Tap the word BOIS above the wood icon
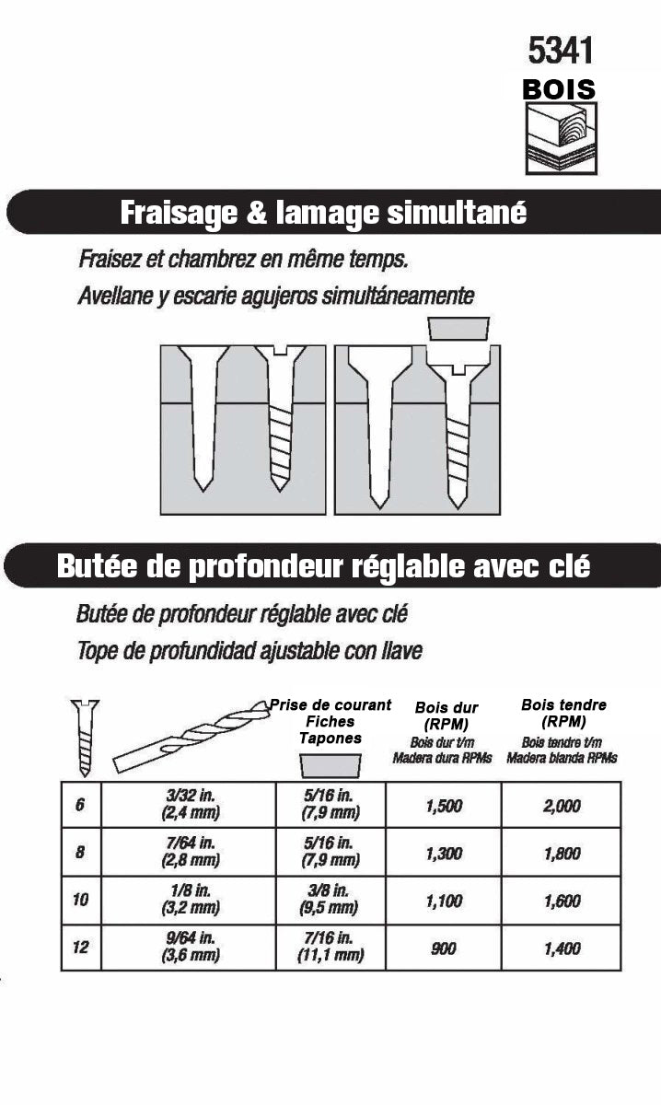point(559,89)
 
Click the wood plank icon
point(560,138)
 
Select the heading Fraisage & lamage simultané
point(323,213)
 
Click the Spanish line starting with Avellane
point(276,297)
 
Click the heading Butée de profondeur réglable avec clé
point(323,565)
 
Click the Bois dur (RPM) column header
point(446,715)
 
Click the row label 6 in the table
point(80,804)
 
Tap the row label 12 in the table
point(80,947)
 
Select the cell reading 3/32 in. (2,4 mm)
point(188,804)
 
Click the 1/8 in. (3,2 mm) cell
point(188,900)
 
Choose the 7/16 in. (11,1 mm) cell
point(329,947)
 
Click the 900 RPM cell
point(443,948)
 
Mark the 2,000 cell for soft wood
point(562,805)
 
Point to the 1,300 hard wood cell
point(443,853)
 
